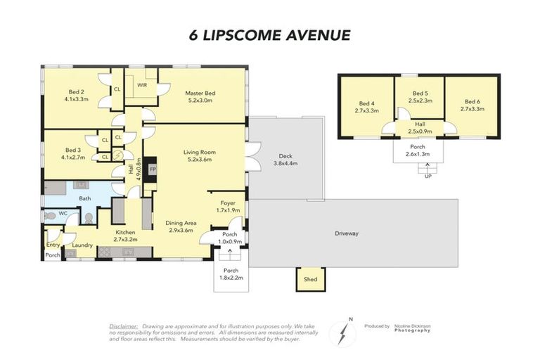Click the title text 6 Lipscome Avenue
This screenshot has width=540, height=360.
(269, 34)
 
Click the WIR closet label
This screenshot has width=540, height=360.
(141, 84)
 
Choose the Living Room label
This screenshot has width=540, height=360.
(199, 155)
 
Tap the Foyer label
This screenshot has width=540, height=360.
(227, 206)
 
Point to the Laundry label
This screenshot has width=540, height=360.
(82, 245)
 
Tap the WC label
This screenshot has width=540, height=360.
(63, 213)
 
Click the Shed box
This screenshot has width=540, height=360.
(309, 279)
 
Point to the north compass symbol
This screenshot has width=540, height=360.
(342, 330)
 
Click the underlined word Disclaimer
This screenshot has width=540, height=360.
(124, 327)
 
